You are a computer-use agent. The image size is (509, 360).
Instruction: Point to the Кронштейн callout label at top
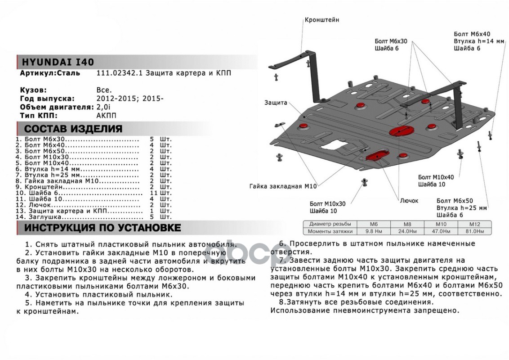pyautogui.click(x=321, y=20)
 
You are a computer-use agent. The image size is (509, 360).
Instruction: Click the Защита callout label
pyautogui.click(x=276, y=103)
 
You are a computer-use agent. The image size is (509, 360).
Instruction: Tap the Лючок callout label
pyautogui.click(x=409, y=201)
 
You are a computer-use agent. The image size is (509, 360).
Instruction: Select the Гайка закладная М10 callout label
pyautogui.click(x=284, y=185)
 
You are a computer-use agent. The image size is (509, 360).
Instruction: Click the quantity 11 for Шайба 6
pyautogui.click(x=152, y=192)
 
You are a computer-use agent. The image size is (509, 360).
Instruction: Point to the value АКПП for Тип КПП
pyautogui.click(x=107, y=115)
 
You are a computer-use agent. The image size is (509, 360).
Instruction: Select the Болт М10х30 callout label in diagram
pyautogui.click(x=327, y=203)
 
